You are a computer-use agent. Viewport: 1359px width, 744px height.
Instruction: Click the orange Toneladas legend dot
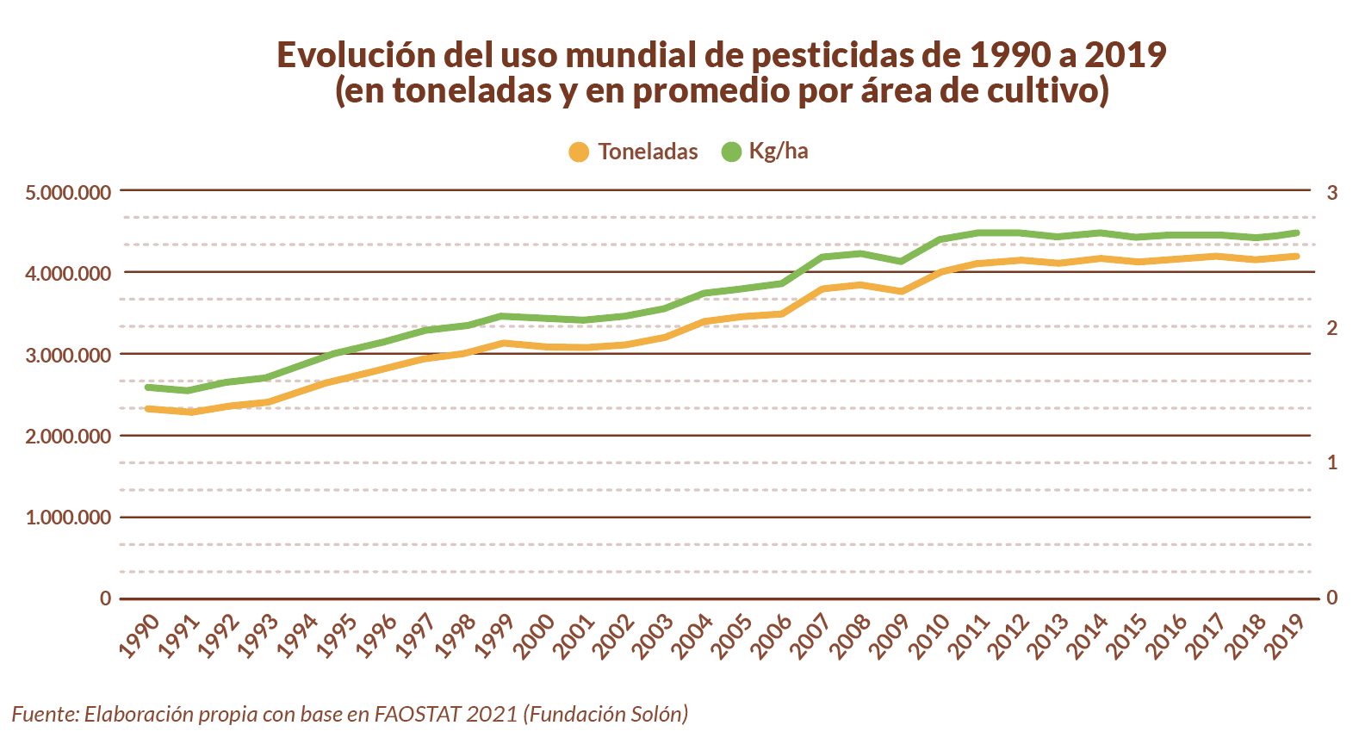tap(579, 152)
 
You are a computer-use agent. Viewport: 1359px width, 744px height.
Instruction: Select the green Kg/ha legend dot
tap(731, 152)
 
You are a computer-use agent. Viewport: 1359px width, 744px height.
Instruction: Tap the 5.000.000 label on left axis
tap(68, 192)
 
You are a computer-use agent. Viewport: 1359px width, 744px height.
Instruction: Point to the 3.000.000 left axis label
tap(68, 355)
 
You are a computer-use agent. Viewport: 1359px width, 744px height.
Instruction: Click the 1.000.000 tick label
tap(68, 518)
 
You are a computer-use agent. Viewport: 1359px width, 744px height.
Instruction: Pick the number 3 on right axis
tap(1331, 192)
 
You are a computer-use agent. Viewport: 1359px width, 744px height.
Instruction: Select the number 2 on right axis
tap(1331, 328)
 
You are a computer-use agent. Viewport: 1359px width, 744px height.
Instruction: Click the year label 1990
tap(139, 635)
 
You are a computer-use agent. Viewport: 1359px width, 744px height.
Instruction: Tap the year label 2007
tap(812, 635)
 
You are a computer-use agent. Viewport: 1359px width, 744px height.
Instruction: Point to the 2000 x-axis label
tap(535, 635)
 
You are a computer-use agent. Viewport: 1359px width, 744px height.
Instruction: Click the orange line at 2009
tap(901, 291)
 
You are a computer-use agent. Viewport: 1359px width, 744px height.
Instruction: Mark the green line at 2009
tap(901, 261)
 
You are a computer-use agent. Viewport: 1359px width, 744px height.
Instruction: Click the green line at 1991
tap(189, 391)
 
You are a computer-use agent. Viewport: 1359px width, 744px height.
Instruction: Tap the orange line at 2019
tap(1296, 256)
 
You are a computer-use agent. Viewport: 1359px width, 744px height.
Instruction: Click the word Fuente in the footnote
tap(44, 714)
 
